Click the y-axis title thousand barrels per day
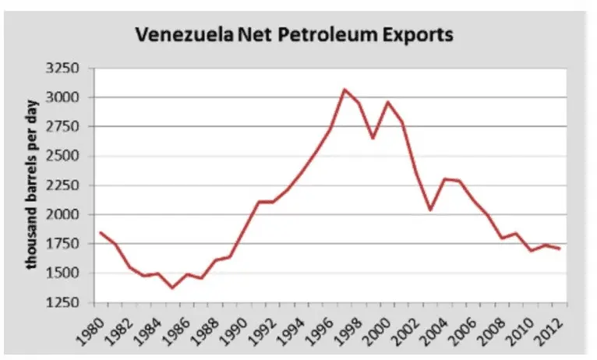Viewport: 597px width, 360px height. (33, 185)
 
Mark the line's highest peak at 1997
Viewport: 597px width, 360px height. (344, 90)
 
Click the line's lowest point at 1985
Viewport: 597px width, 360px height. (172, 288)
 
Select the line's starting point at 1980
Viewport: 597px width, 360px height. (100, 232)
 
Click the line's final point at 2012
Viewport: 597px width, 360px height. (560, 249)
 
